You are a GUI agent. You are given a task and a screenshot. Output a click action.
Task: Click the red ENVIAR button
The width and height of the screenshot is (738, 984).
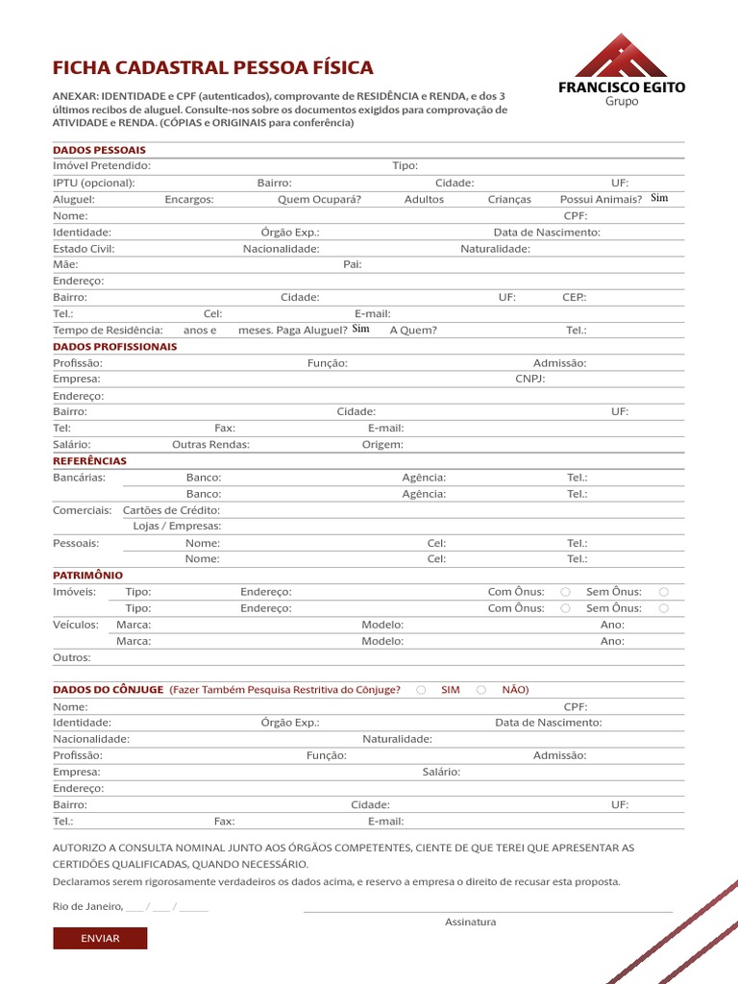(x=100, y=938)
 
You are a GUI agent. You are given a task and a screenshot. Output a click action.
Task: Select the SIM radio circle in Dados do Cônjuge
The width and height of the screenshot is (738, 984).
(x=421, y=690)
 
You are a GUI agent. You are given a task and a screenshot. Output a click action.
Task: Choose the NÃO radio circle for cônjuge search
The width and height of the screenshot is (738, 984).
(x=481, y=690)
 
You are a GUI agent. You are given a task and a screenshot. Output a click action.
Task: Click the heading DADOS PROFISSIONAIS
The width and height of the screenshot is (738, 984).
(x=114, y=347)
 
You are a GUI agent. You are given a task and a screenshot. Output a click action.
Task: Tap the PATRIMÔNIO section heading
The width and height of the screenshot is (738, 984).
(x=87, y=575)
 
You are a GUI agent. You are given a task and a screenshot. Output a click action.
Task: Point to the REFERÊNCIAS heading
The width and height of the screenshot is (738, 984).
(x=89, y=461)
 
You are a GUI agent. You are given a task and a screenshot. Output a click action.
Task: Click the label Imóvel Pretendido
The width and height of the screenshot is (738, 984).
(x=102, y=166)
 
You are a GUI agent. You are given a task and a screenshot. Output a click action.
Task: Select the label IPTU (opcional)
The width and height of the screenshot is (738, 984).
(x=93, y=183)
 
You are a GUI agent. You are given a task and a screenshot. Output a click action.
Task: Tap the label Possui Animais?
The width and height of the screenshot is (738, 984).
(x=601, y=199)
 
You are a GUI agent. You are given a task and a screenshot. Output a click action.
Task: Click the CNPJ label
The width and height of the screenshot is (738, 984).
(x=530, y=379)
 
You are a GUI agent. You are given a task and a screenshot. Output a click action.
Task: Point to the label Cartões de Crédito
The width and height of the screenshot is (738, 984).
(x=172, y=510)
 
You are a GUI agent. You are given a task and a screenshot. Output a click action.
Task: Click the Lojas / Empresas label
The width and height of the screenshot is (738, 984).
(x=177, y=527)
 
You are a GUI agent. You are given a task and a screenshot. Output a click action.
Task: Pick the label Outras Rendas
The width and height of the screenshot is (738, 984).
(x=210, y=445)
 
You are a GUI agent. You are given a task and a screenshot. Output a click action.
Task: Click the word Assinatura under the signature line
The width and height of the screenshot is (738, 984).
(x=470, y=922)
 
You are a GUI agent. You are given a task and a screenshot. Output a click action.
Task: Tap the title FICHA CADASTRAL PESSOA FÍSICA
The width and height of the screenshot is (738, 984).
(x=212, y=68)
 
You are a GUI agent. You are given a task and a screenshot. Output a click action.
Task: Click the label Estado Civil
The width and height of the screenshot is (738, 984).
(x=84, y=249)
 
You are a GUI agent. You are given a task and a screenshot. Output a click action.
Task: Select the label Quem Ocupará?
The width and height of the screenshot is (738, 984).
(x=306, y=199)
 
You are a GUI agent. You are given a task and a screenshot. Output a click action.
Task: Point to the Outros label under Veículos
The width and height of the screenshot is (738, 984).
(x=72, y=657)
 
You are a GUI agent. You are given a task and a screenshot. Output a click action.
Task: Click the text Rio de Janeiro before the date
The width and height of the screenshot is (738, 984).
(x=87, y=906)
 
